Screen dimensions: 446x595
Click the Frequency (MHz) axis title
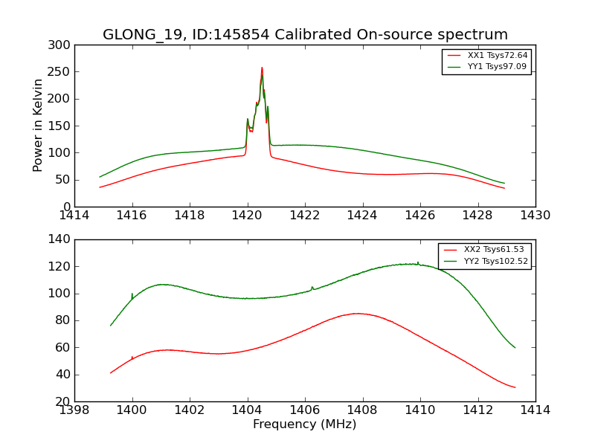(x=305, y=424)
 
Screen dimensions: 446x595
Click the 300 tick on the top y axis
(x=62, y=45)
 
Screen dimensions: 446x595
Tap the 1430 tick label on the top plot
(x=535, y=216)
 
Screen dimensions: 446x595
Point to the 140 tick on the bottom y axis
(x=62, y=239)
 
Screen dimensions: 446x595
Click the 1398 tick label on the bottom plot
(x=75, y=410)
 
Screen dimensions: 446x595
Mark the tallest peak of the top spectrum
(x=262, y=68)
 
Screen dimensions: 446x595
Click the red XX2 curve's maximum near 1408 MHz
(x=357, y=314)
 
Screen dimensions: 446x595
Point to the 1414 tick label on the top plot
(x=75, y=216)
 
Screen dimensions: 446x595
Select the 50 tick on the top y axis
(x=65, y=180)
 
